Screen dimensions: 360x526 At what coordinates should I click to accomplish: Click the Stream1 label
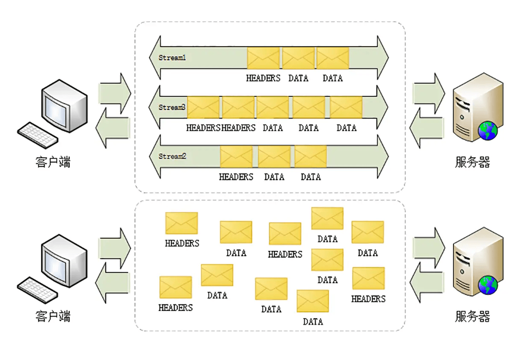pos(172,58)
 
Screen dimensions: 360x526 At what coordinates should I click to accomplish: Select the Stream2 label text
pos(172,156)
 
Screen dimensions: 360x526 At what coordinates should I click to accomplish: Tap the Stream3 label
pos(172,108)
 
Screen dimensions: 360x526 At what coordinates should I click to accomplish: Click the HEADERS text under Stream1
pos(263,78)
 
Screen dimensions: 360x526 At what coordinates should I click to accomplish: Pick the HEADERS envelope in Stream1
pos(263,58)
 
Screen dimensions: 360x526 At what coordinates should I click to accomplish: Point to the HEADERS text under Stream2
pos(236,177)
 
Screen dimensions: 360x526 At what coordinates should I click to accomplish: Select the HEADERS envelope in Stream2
pos(236,156)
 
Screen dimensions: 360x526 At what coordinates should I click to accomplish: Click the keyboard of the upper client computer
pos(38,133)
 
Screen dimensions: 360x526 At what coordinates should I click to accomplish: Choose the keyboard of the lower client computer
pos(38,287)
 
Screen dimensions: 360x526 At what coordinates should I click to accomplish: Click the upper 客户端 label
pos(53,162)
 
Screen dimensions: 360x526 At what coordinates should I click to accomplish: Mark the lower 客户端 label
pos(53,317)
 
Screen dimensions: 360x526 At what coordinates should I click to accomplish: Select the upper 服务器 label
pos(472,162)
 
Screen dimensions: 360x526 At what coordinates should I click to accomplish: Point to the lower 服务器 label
pos(472,317)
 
